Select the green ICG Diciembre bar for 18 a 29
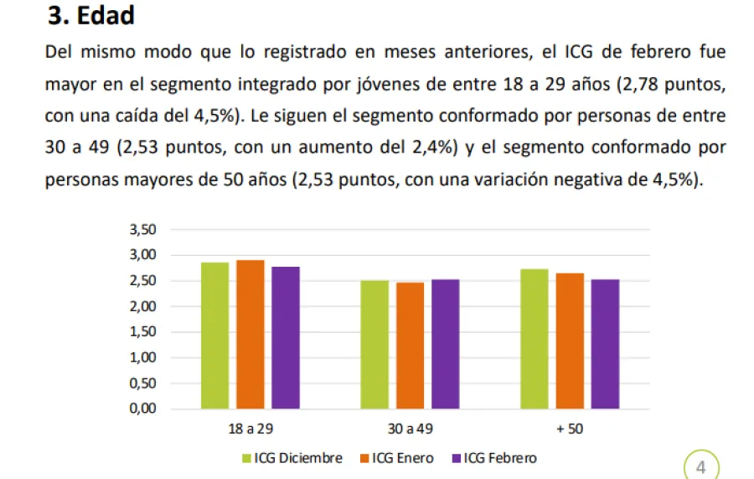[214, 336]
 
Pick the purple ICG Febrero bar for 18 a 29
[285, 337]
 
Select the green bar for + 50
[534, 339]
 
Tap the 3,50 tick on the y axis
[142, 230]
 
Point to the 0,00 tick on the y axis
[142, 409]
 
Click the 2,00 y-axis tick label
[142, 307]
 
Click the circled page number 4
[700, 467]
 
